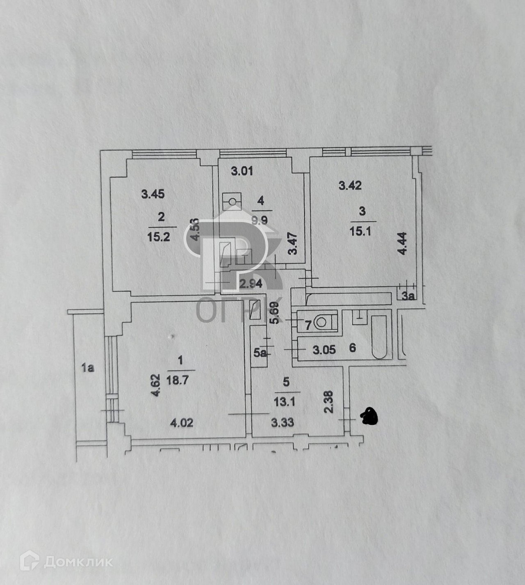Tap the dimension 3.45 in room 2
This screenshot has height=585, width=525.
click(153, 194)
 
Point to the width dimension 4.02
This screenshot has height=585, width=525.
click(181, 422)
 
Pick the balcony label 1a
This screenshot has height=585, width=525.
click(87, 368)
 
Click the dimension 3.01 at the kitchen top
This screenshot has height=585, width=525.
click(242, 171)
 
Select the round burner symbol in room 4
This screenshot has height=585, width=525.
click(233, 202)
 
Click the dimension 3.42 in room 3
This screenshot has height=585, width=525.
click(350, 186)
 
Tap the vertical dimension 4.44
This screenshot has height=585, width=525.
click(403, 243)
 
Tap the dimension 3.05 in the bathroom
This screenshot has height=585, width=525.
click(324, 350)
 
